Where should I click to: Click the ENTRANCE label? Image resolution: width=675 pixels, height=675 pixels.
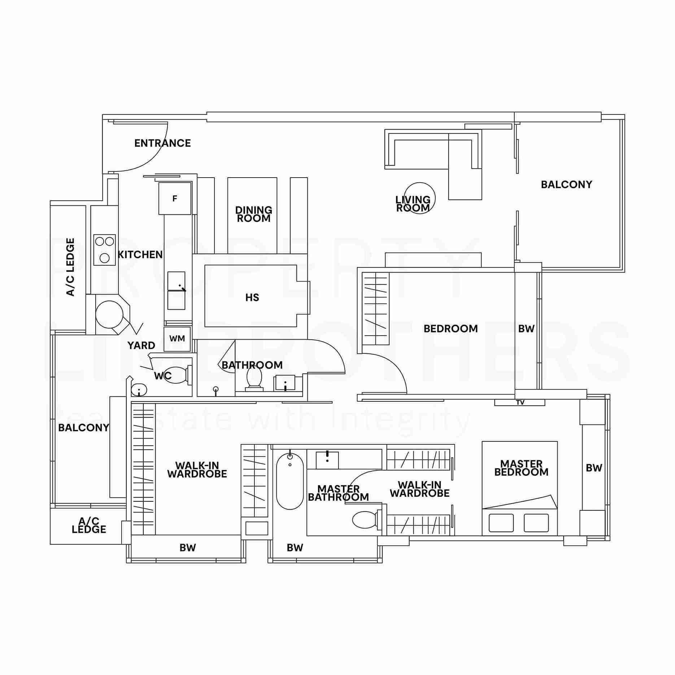click(162, 143)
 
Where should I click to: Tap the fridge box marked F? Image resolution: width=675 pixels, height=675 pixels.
click(175, 199)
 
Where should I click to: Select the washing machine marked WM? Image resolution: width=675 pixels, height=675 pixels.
click(177, 339)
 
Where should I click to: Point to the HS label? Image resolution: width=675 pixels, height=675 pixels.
click(252, 297)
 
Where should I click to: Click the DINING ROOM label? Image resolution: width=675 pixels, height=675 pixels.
click(253, 214)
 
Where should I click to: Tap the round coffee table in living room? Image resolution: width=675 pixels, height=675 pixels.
click(419, 198)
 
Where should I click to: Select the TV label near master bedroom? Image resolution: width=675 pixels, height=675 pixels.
click(520, 402)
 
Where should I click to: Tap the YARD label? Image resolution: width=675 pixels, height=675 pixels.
click(141, 345)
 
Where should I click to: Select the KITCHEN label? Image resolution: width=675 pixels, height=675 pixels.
click(140, 254)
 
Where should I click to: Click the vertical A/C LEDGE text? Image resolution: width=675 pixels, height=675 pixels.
click(70, 267)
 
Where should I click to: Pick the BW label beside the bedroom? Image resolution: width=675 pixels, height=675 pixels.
click(526, 328)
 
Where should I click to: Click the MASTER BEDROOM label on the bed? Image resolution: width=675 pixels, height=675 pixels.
click(521, 468)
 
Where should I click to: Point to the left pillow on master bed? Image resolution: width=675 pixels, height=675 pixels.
click(501, 523)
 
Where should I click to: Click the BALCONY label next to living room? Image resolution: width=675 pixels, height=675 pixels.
click(566, 184)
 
